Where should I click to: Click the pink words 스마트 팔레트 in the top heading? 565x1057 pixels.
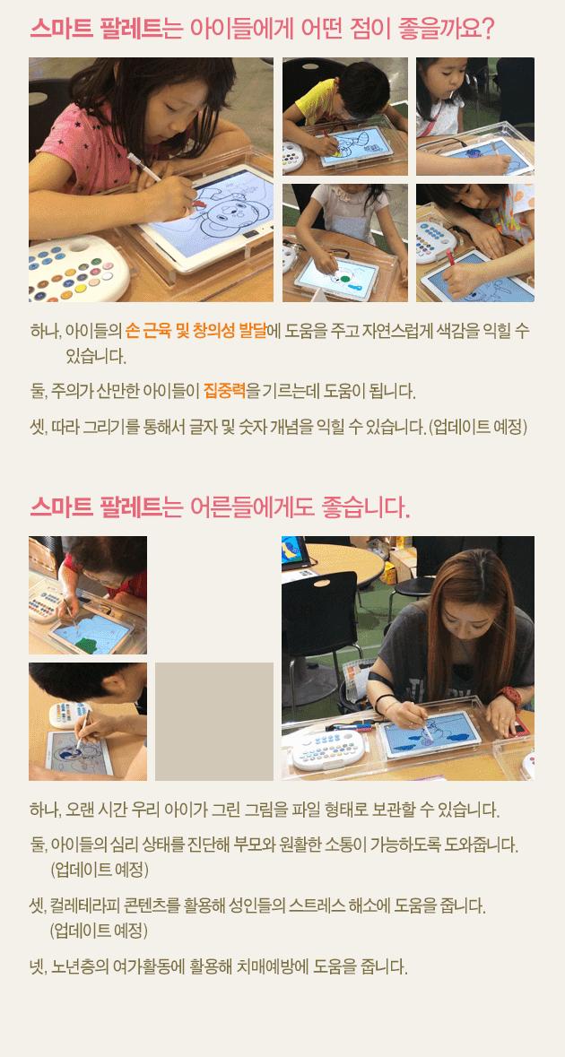[96, 29]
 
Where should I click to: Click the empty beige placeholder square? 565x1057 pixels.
[214, 722]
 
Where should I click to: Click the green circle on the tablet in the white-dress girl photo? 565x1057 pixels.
[344, 276]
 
